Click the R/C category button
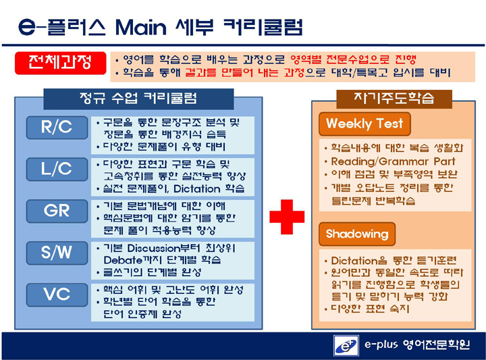click(x=57, y=128)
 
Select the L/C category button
click(x=57, y=170)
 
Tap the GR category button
click(x=57, y=211)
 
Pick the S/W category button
click(x=57, y=253)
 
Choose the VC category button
click(x=57, y=294)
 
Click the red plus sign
click(x=287, y=217)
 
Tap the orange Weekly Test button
click(x=364, y=124)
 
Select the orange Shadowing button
click(x=357, y=234)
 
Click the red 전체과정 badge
click(x=61, y=63)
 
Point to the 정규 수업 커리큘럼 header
click(x=138, y=99)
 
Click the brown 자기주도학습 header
click(x=394, y=99)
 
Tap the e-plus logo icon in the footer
click(x=346, y=346)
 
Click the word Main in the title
click(x=141, y=28)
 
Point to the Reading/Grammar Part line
click(x=393, y=161)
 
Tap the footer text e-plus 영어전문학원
click(x=417, y=344)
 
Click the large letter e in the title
click(x=27, y=27)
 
